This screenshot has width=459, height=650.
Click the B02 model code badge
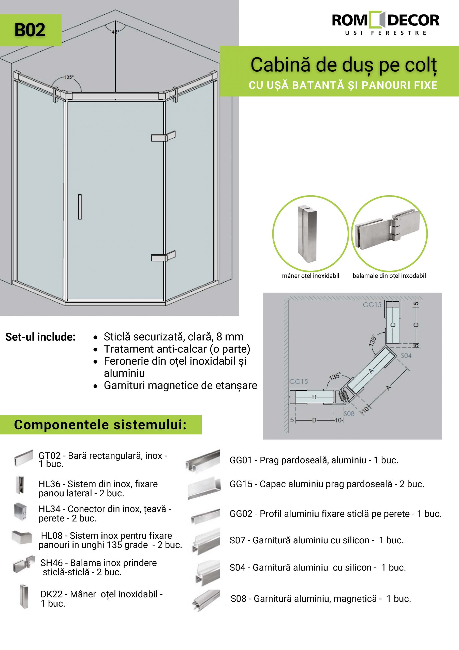[30, 30]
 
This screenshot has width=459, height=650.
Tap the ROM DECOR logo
[385, 24]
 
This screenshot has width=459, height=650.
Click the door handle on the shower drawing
[80, 207]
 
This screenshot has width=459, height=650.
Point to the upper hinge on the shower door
[163, 136]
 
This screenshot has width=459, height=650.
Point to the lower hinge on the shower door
[163, 256]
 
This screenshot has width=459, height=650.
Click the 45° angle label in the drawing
[115, 32]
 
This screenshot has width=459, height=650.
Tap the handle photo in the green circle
[310, 233]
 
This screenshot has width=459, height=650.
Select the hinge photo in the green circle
[389, 233]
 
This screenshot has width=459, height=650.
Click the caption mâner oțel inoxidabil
[310, 276]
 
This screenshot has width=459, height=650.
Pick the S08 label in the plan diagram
[349, 414]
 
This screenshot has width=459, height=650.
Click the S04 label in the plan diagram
[406, 355]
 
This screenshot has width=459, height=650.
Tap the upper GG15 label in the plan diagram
[372, 305]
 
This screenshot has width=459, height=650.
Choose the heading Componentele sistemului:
[100, 425]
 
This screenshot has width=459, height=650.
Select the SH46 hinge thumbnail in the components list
[23, 566]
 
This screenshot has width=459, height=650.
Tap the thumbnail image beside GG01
[203, 461]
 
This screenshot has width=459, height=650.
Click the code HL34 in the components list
[50, 509]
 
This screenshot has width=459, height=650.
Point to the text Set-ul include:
[40, 337]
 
